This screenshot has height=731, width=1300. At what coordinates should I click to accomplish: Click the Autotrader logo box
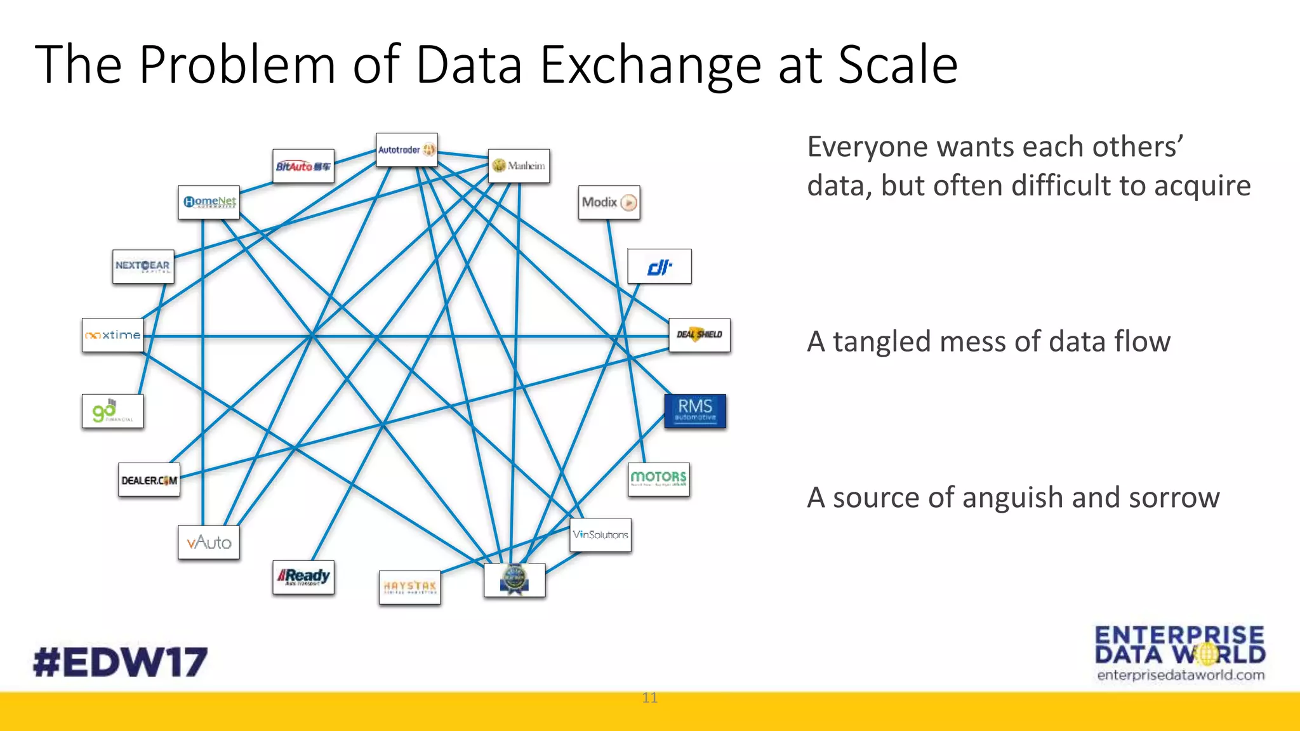(406, 150)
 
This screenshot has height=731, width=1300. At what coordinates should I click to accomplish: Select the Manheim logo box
(519, 166)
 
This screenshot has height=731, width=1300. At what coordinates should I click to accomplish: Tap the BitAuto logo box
(303, 166)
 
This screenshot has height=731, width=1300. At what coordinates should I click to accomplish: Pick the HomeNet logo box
(209, 202)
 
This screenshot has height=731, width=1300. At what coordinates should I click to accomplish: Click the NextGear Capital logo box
(143, 267)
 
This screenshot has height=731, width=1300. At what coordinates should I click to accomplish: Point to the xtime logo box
(113, 335)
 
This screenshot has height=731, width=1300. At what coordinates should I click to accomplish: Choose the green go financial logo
(112, 411)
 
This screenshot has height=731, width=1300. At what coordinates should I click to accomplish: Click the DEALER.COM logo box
(149, 480)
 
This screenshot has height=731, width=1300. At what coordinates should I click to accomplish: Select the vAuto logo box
(209, 543)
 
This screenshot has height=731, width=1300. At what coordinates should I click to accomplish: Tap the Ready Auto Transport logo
(303, 577)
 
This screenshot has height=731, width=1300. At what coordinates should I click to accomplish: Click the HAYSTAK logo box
(409, 587)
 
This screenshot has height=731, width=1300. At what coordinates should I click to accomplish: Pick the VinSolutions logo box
(600, 535)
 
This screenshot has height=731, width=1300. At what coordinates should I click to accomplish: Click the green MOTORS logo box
(658, 479)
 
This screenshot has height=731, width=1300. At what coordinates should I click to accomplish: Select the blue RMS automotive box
(695, 411)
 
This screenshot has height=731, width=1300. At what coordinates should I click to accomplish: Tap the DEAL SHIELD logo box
(700, 335)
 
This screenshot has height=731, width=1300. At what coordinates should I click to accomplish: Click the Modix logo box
(609, 202)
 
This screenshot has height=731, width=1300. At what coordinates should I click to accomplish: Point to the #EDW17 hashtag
(121, 662)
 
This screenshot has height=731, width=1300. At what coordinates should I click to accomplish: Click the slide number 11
(649, 698)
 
